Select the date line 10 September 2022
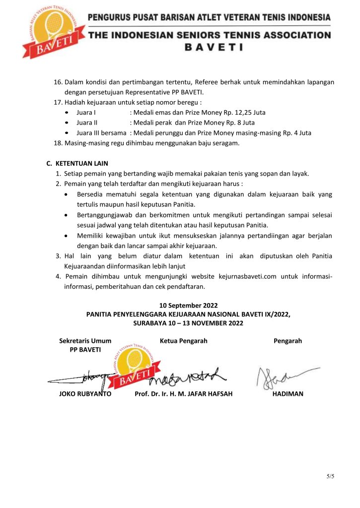(188, 305)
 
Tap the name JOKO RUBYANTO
(85, 394)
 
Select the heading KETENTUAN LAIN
(81, 164)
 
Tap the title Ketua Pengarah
(184, 341)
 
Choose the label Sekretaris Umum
(85, 341)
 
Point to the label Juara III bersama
(101, 132)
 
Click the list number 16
(57, 82)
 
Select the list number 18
(57, 143)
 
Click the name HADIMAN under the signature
(288, 394)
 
